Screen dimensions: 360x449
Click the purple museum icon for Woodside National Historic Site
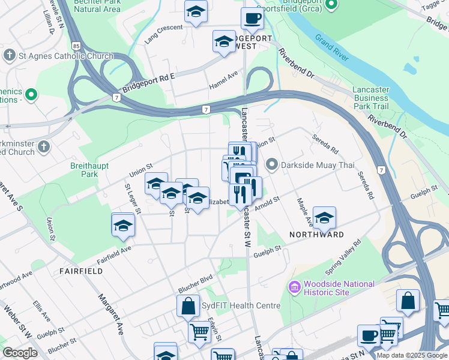tap(295, 288)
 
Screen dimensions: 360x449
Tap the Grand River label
tap(332, 48)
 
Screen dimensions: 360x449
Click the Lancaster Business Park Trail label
tap(370, 98)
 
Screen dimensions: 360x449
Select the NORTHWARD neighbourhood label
tap(317, 234)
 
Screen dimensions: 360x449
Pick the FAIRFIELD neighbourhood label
tap(80, 271)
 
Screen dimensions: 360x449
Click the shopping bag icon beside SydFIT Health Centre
tap(188, 305)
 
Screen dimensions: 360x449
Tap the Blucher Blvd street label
tap(195, 282)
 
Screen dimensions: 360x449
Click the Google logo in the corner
tap(20, 353)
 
